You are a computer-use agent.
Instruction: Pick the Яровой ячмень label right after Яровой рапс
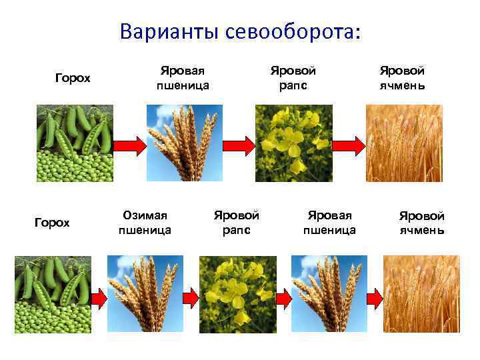[402, 77]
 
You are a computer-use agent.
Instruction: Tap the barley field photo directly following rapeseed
[404, 143]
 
